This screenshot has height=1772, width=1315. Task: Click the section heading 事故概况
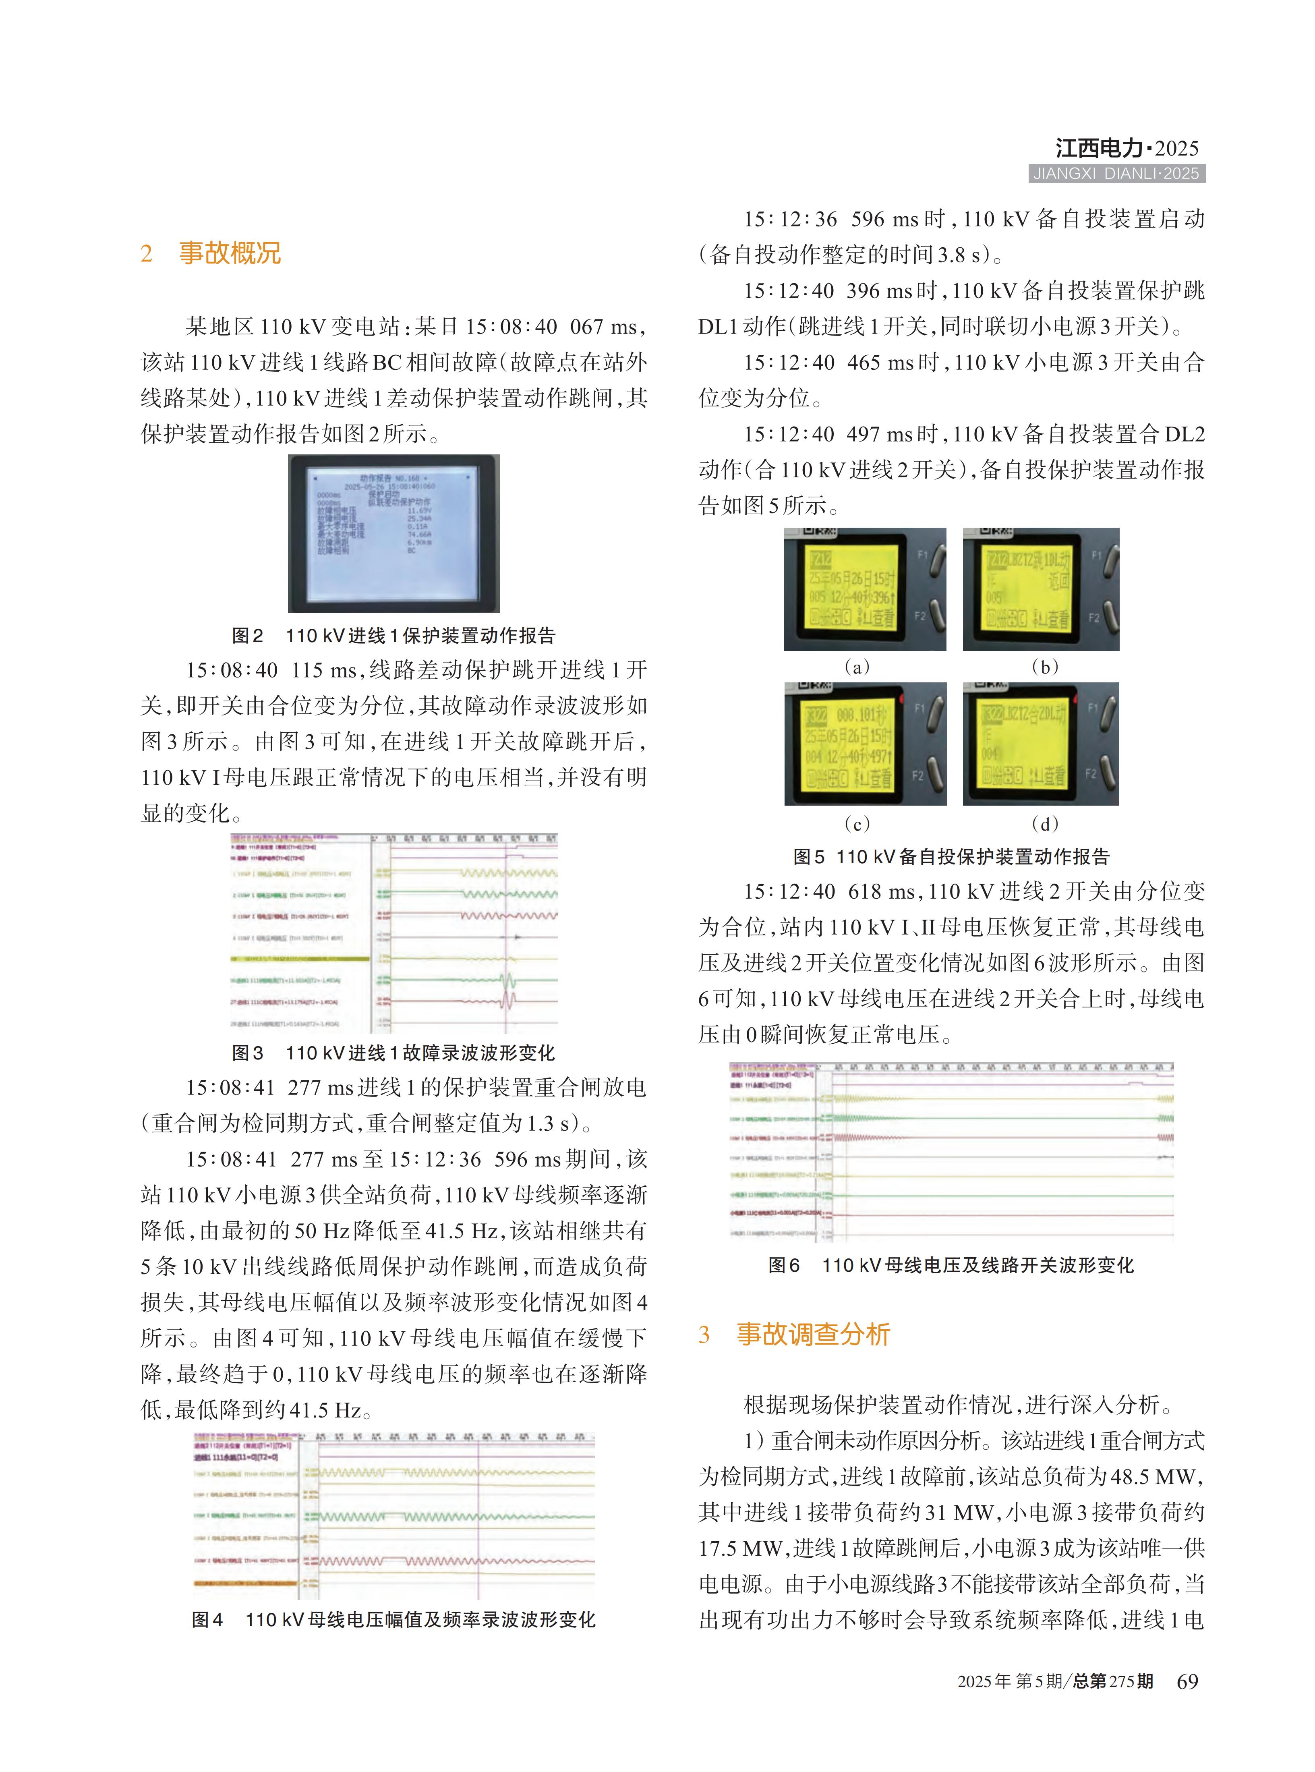229,253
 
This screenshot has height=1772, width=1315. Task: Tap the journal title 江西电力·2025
1127,148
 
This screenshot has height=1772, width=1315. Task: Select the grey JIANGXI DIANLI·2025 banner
1116,174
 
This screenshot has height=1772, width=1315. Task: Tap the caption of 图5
951,856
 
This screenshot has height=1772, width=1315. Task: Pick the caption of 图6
951,1265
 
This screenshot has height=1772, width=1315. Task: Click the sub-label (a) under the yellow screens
857,667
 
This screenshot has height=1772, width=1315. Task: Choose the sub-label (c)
857,823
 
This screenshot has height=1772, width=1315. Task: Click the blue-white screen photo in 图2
394,533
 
